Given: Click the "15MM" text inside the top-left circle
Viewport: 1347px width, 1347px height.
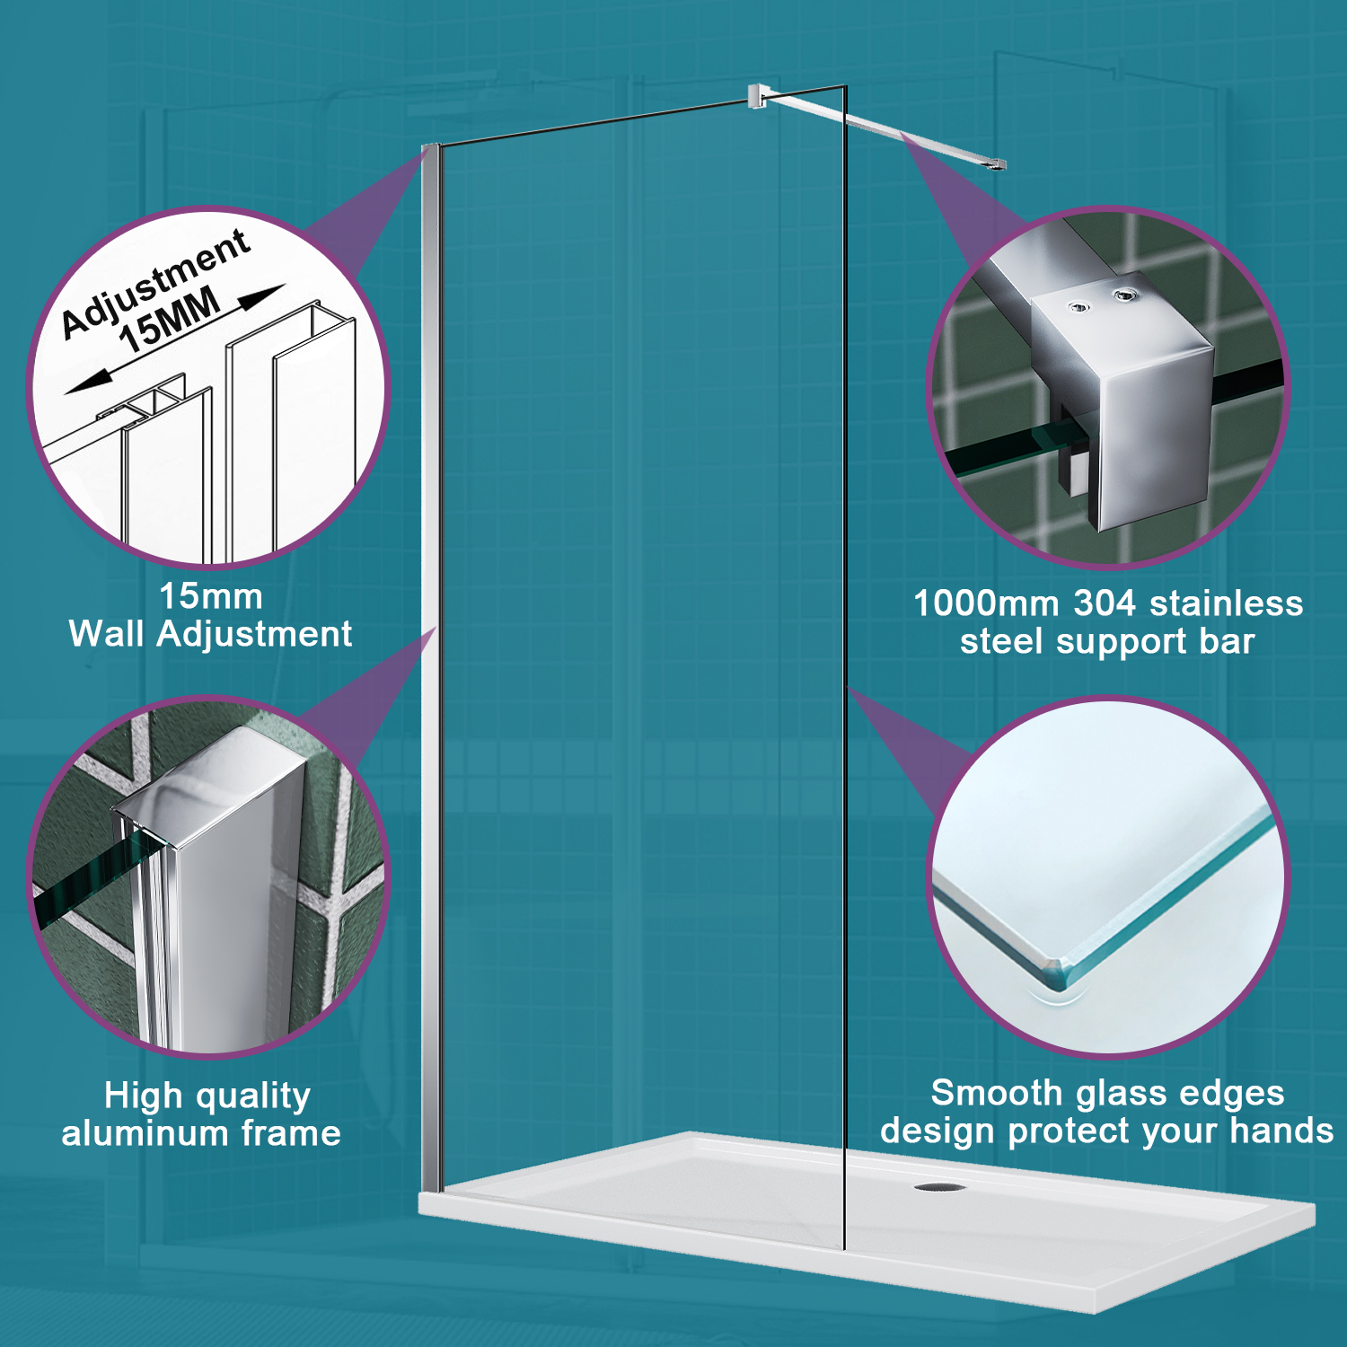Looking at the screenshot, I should (x=170, y=319).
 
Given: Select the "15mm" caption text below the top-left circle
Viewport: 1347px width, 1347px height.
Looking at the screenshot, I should (x=210, y=596).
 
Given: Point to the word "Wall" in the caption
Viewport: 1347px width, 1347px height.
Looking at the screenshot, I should (x=106, y=634).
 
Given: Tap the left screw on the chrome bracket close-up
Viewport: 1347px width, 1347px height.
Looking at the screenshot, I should (x=1078, y=307).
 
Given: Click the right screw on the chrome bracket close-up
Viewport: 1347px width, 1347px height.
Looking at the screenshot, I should (x=1123, y=295).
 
